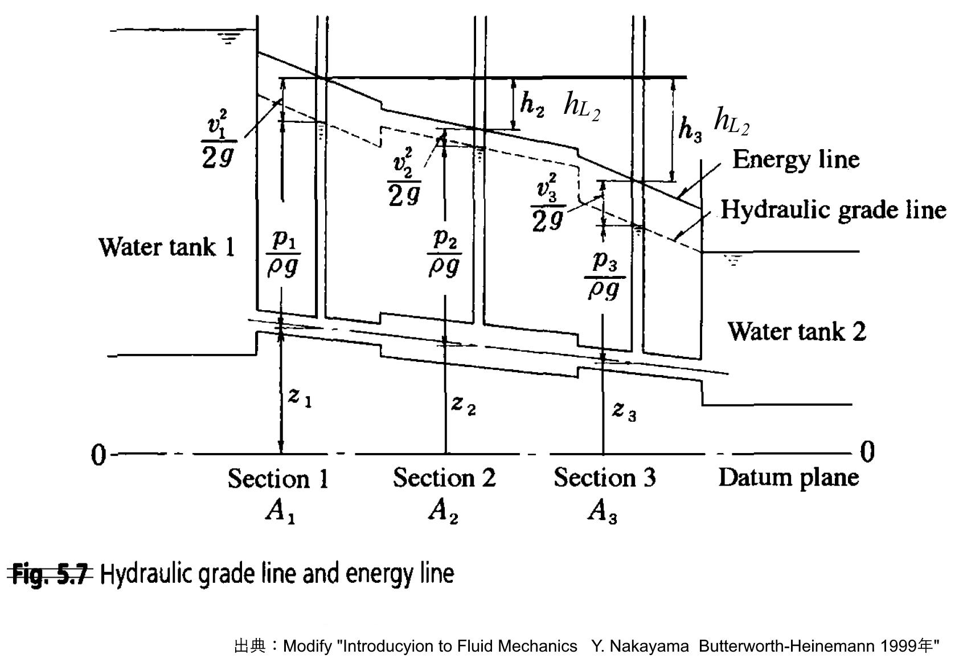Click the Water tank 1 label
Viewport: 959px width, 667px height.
pyautogui.click(x=166, y=247)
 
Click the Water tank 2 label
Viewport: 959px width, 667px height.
pyautogui.click(x=796, y=331)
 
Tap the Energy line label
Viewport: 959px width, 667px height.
pyautogui.click(x=796, y=159)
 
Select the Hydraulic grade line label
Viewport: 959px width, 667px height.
pyautogui.click(x=833, y=210)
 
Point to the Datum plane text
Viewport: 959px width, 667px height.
pyautogui.click(x=788, y=477)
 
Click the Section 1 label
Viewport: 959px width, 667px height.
pyautogui.click(x=278, y=479)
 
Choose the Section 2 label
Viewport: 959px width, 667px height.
pyautogui.click(x=444, y=477)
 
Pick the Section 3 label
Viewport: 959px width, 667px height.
pyautogui.click(x=604, y=477)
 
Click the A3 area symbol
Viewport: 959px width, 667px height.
pyautogui.click(x=603, y=512)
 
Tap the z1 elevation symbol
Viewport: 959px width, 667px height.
pyautogui.click(x=299, y=397)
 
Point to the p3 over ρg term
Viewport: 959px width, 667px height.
pyautogui.click(x=604, y=277)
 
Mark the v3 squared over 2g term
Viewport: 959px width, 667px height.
pyautogui.click(x=548, y=205)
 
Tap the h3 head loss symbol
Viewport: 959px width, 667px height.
pyautogui.click(x=690, y=129)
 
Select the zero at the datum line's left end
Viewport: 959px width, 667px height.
pyautogui.click(x=99, y=455)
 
